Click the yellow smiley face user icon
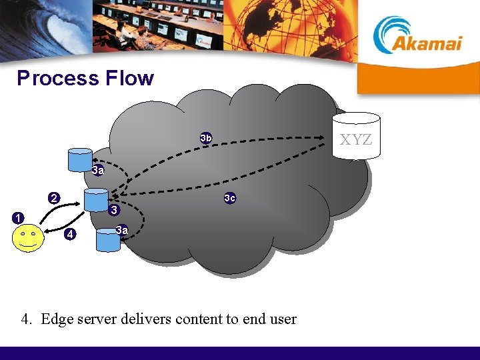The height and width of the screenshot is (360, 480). point(28,238)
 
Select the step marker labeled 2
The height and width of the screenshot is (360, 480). point(54,197)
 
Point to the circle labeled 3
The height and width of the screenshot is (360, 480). point(114,211)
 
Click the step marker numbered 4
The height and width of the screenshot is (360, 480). point(69,234)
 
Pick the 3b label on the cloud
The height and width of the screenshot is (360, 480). point(206,138)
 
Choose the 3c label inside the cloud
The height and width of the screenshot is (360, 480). point(229,198)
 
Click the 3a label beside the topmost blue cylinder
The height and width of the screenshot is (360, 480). point(98,171)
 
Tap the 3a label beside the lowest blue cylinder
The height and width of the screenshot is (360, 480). point(121,231)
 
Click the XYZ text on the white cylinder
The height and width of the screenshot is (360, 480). point(356,140)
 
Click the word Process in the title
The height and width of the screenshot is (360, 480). point(57,79)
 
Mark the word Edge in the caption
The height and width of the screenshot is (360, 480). point(55,319)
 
